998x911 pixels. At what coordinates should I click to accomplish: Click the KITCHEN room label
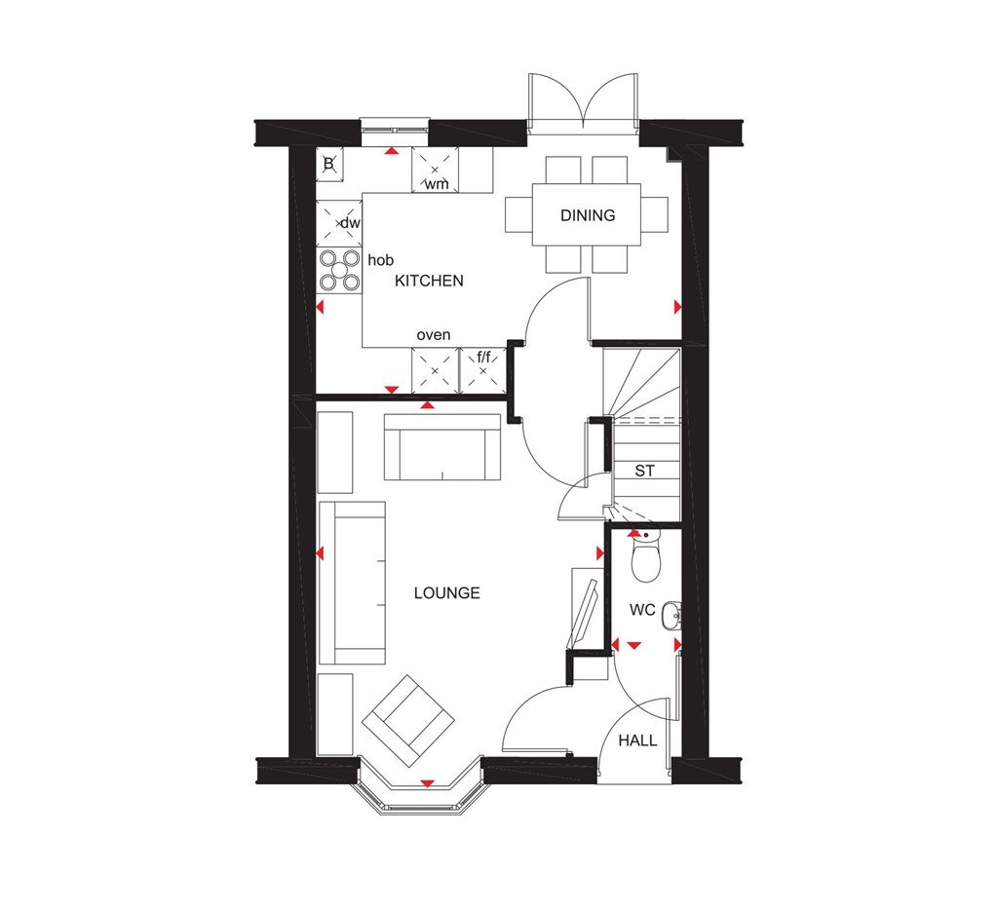click(x=428, y=281)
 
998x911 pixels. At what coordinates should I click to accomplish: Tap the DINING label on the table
click(x=588, y=215)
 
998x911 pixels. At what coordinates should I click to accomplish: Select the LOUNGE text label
click(x=446, y=592)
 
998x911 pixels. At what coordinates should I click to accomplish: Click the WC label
click(x=641, y=611)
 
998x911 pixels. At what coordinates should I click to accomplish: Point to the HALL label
click(x=638, y=740)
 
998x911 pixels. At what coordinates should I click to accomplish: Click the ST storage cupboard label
click(x=644, y=471)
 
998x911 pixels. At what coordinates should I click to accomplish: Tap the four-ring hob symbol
click(x=338, y=271)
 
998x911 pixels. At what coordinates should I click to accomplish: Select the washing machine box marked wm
click(x=435, y=170)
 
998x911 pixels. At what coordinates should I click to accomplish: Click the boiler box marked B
click(x=329, y=165)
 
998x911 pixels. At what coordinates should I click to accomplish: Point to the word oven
click(x=434, y=335)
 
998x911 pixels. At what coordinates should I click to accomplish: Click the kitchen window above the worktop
click(x=395, y=125)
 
